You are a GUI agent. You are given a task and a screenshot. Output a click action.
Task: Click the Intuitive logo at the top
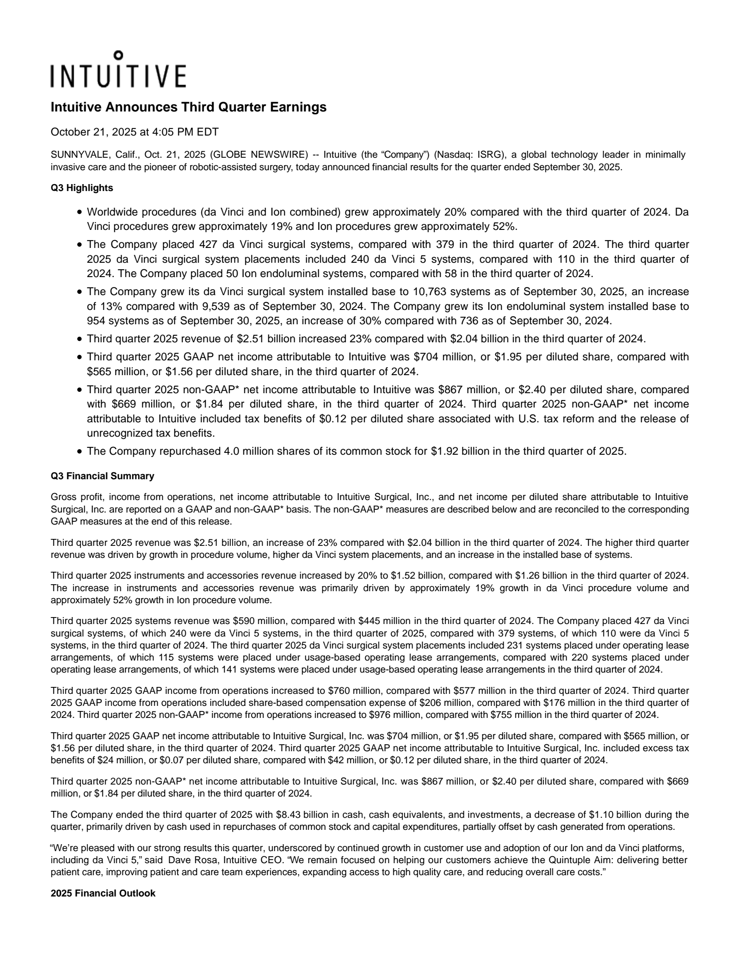[x=118, y=71]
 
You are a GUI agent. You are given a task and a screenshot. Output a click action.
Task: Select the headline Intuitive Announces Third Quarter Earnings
[x=188, y=107]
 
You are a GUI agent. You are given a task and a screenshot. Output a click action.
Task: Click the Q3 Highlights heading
[x=82, y=188]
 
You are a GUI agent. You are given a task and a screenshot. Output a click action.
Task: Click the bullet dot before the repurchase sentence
[x=80, y=451]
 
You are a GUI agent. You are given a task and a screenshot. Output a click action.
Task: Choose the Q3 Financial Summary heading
[x=102, y=476]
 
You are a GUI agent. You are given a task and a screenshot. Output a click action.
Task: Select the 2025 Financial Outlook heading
[x=103, y=893]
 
